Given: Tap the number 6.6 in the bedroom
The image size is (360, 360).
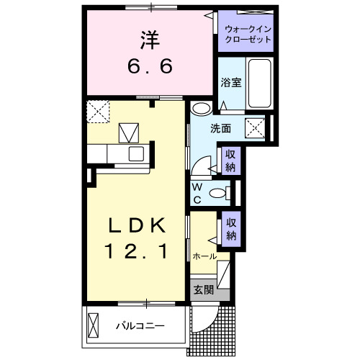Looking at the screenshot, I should click(x=150, y=66).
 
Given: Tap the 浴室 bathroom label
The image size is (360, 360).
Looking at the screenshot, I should click(x=230, y=83).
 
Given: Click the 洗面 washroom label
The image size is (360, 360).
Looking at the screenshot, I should click(x=220, y=129).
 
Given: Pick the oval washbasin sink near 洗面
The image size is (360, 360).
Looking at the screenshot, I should click(x=202, y=109).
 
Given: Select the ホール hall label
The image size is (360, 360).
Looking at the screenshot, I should click(x=204, y=256).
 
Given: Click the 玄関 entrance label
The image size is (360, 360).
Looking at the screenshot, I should click(x=203, y=289).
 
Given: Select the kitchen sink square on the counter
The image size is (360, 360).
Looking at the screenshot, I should click(x=135, y=153).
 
